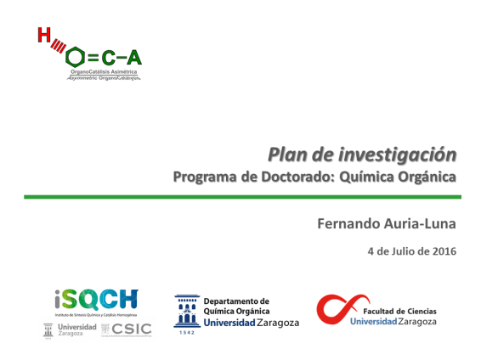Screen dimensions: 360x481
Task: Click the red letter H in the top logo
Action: (42, 35)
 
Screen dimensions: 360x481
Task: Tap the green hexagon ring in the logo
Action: (75, 58)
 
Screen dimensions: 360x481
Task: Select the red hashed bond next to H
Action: (57, 47)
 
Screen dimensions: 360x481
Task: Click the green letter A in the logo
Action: (134, 58)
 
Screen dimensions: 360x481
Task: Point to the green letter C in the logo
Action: (110, 58)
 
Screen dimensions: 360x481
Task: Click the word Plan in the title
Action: (285, 155)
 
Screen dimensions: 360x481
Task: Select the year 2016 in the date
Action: (443, 251)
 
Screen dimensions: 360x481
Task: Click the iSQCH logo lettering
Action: (94, 301)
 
